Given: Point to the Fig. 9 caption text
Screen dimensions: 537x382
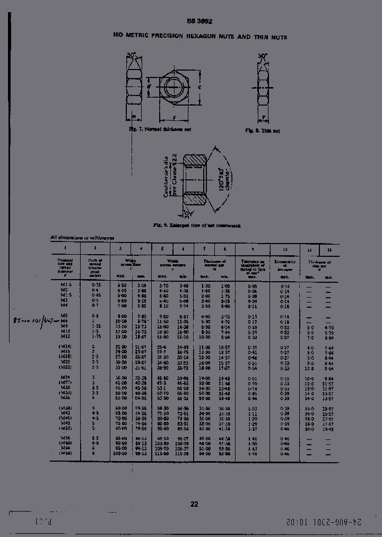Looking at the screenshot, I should [x=197, y=226].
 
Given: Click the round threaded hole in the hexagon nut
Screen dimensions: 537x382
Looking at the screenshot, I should [x=173, y=86].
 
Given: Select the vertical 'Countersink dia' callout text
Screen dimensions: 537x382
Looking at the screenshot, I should [x=168, y=178].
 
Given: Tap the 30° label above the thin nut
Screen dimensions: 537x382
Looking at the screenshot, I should [x=262, y=55].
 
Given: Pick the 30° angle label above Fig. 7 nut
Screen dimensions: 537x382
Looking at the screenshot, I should [x=132, y=54].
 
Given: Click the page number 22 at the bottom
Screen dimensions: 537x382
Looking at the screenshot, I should [x=194, y=505].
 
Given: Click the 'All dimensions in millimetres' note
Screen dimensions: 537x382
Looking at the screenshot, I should [x=82, y=238].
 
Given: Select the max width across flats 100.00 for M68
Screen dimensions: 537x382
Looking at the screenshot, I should [x=122, y=454].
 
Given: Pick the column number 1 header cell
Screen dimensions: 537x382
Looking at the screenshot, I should [x=65, y=248].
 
